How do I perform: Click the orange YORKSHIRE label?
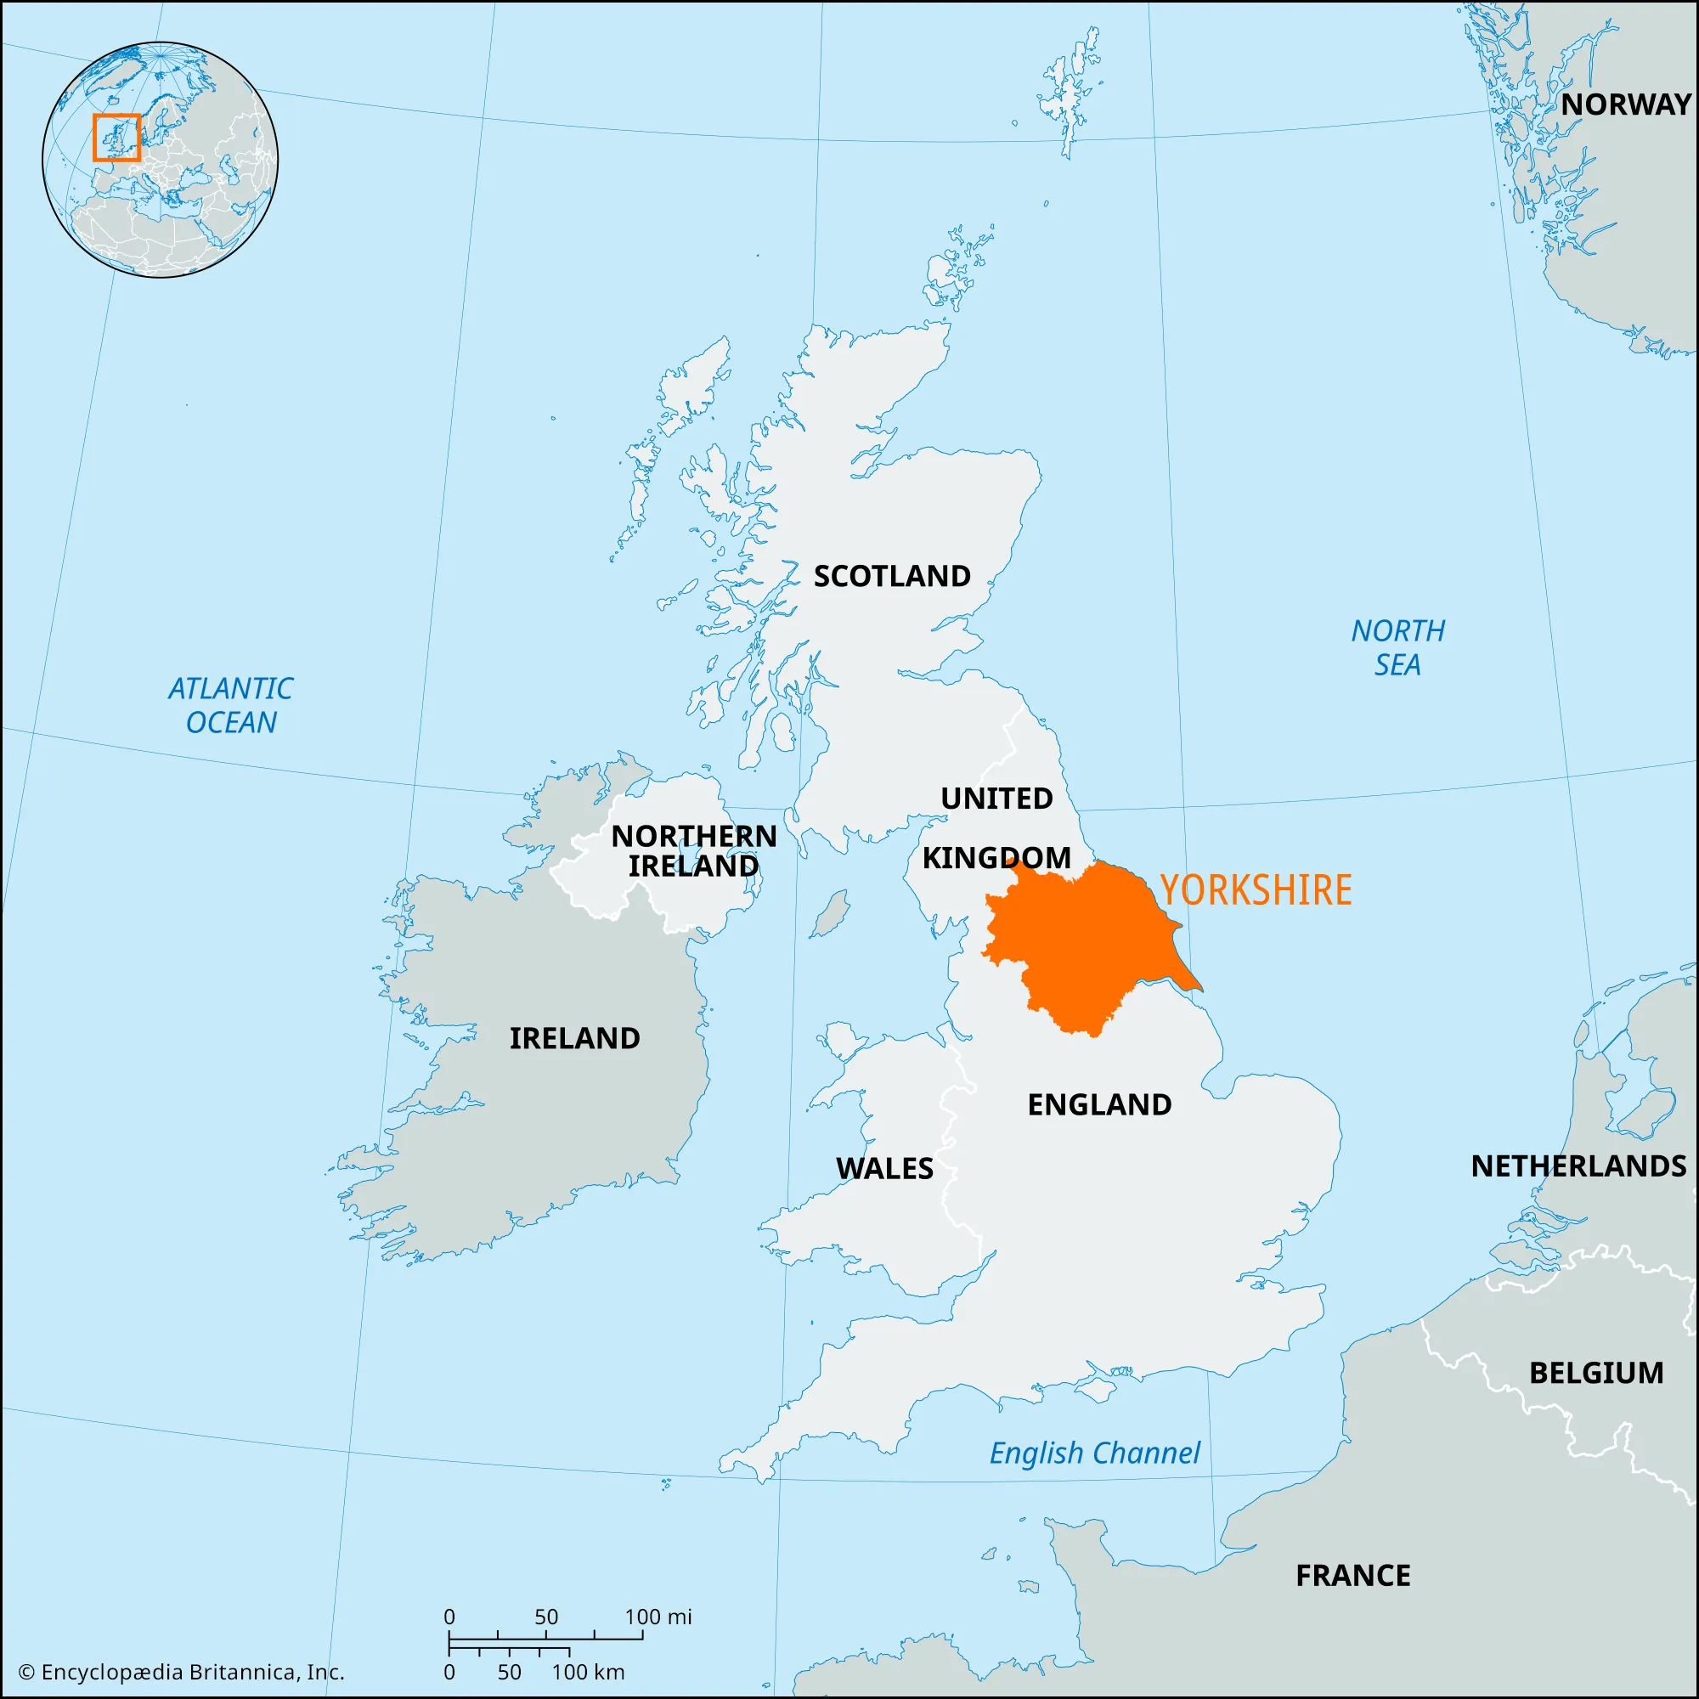(x=1255, y=890)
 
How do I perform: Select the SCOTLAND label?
(x=892, y=576)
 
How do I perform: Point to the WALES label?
(x=883, y=1168)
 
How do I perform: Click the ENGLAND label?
(x=1099, y=1104)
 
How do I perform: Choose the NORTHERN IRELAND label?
(x=694, y=850)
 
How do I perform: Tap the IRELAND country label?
(x=574, y=1038)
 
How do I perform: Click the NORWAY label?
(x=1625, y=104)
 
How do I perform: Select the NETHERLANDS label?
(x=1578, y=1166)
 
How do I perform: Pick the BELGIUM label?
(x=1596, y=1373)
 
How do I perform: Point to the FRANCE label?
(x=1352, y=1575)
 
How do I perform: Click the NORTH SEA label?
(x=1397, y=647)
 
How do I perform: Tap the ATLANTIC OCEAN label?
(x=230, y=705)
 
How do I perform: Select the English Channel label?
(x=1094, y=1453)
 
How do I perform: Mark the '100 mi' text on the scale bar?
(x=658, y=1617)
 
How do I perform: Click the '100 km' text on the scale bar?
(x=588, y=1672)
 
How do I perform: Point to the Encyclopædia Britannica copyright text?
(x=181, y=1672)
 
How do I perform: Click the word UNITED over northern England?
(x=996, y=799)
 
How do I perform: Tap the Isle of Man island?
(x=829, y=915)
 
